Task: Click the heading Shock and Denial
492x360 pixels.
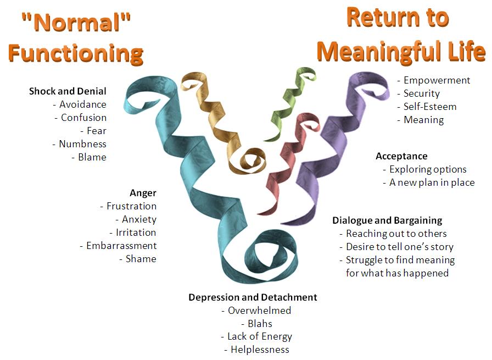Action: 68,91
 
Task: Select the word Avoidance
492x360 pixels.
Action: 83,104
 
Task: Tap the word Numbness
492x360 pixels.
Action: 83,144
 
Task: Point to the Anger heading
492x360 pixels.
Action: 143,193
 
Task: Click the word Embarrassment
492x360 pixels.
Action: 121,246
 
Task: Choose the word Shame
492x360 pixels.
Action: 141,259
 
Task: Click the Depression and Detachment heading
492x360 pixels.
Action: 253,297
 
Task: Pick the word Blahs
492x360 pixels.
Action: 260,324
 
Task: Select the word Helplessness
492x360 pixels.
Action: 260,350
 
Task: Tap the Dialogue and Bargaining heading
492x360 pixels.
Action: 387,220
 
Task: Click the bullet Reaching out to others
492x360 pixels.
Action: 396,234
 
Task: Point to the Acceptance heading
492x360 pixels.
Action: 401,156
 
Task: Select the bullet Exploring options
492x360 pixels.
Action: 428,169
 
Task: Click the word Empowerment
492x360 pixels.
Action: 437,80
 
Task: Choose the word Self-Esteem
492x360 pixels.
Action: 430,107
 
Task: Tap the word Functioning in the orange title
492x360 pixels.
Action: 76,53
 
